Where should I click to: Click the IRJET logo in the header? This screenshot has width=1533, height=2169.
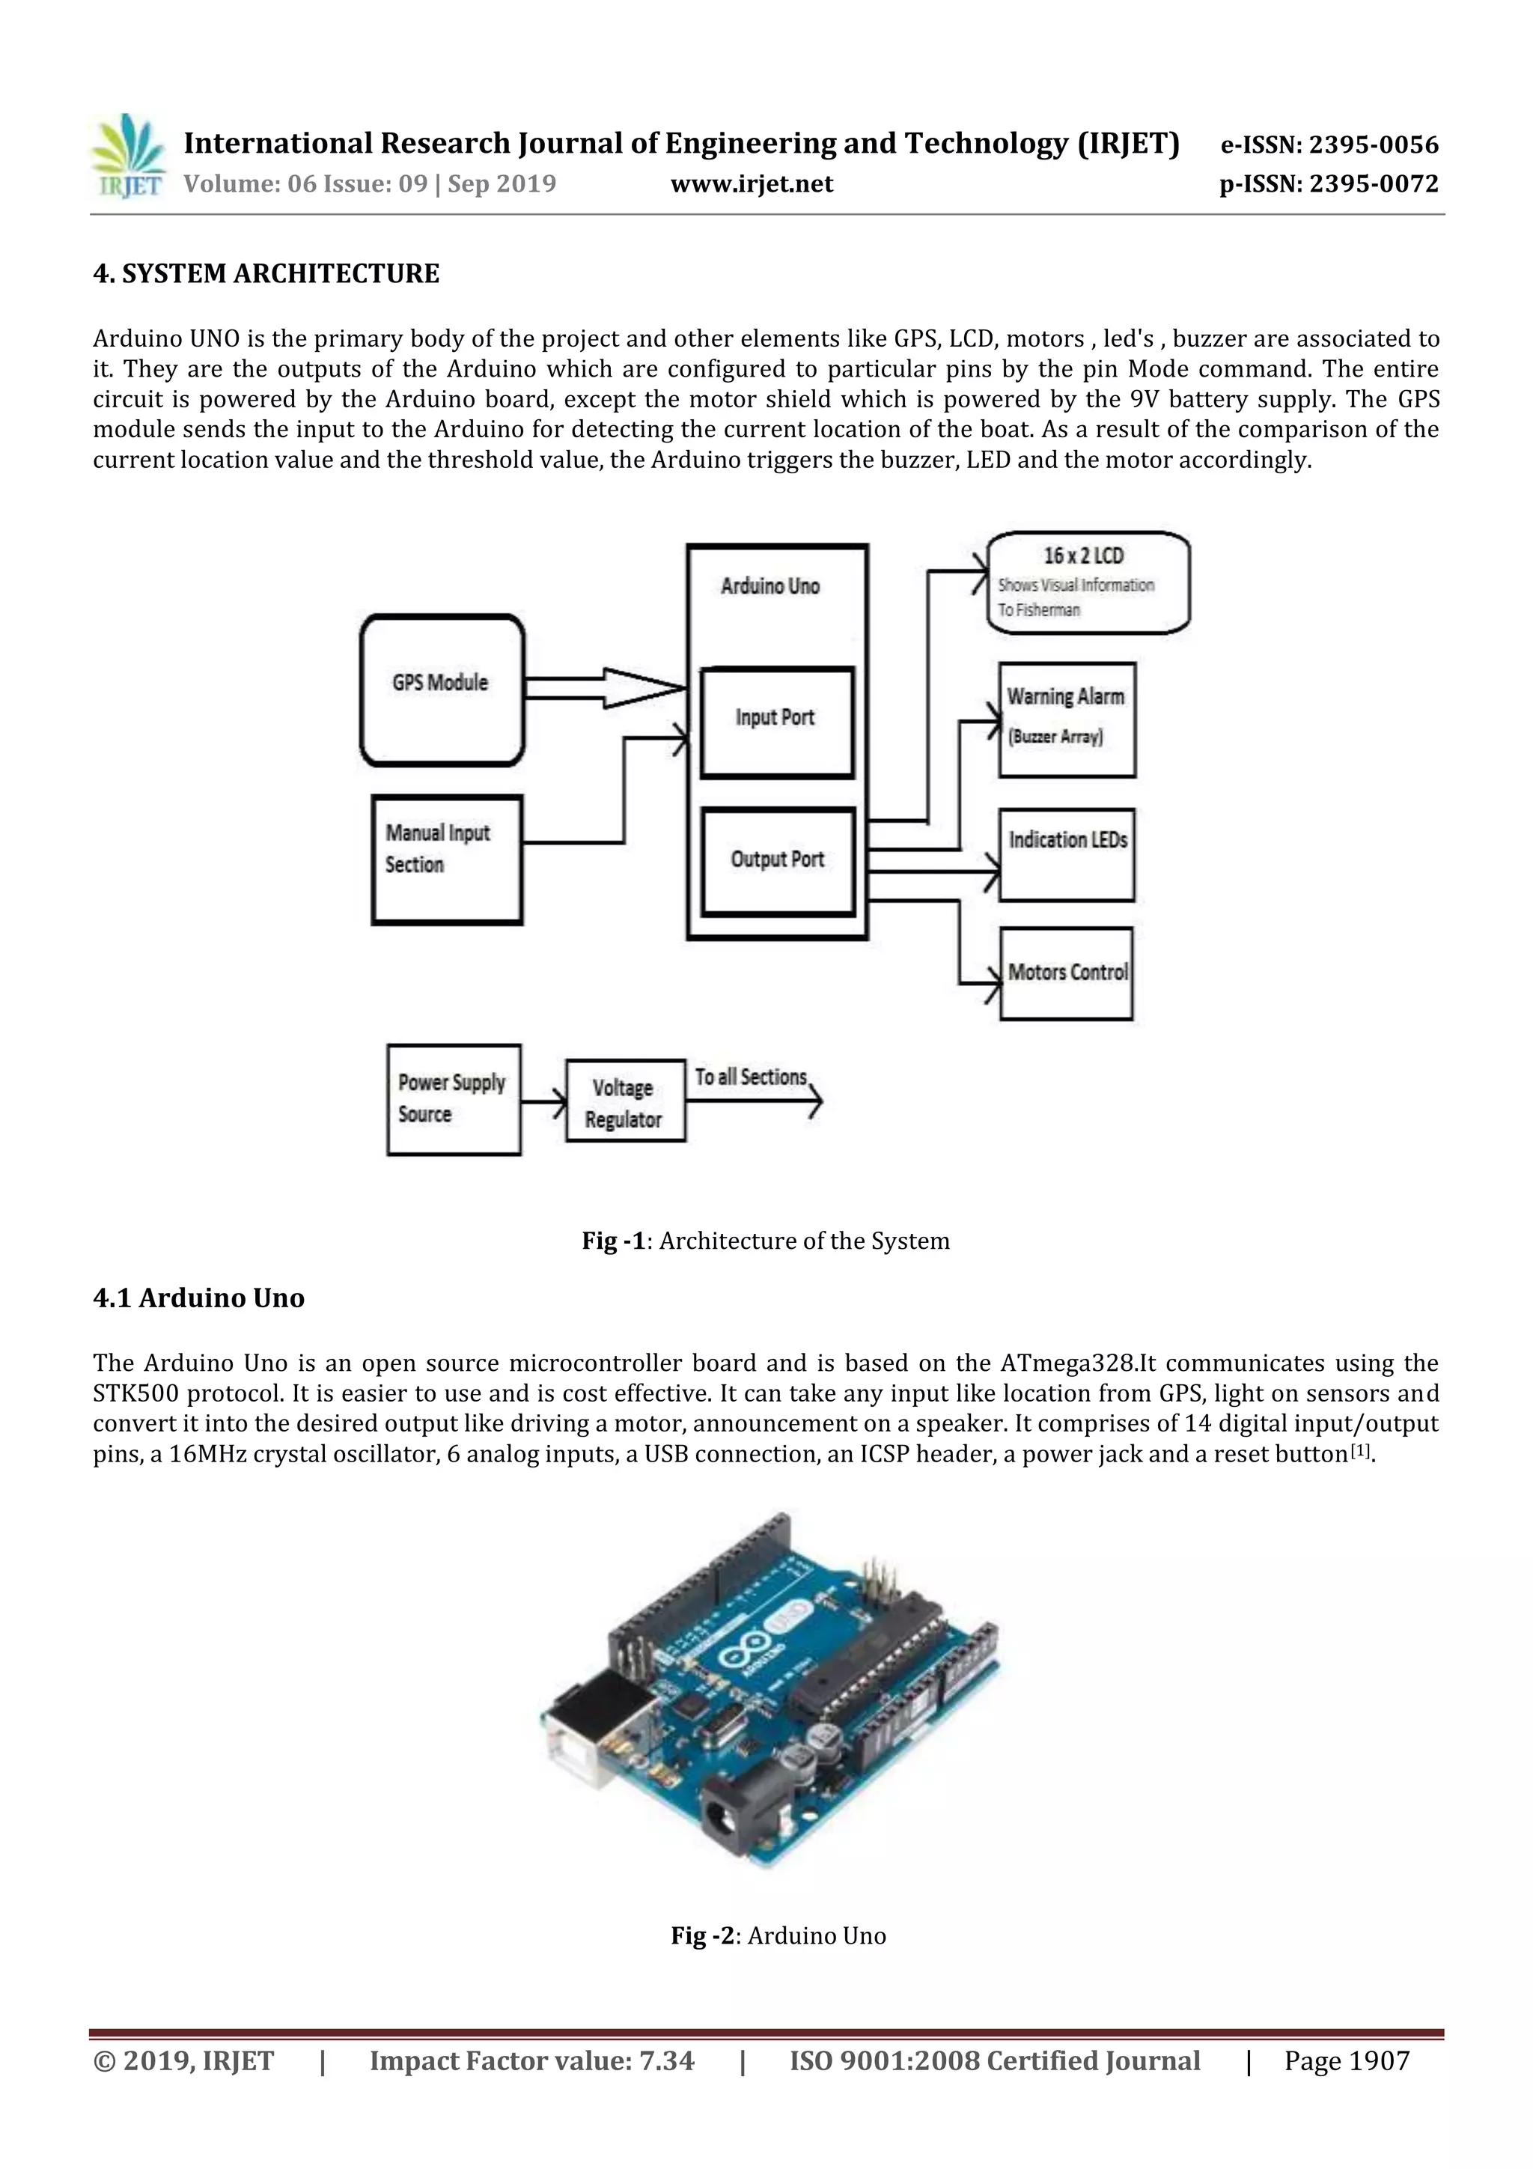[127, 156]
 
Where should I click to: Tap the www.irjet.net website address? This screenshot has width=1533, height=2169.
[752, 184]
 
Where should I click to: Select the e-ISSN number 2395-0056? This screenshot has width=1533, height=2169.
[1329, 145]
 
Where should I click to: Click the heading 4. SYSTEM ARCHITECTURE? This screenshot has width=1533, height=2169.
[266, 274]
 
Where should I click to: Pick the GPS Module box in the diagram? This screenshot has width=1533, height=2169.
[441, 690]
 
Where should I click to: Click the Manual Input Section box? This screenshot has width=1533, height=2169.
[446, 859]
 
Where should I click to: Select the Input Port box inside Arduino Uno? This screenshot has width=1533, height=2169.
[776, 723]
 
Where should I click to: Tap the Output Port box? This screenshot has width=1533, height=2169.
[778, 860]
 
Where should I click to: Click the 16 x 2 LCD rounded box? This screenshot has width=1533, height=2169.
[1087, 582]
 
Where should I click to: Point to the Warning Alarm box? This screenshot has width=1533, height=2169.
[1067, 720]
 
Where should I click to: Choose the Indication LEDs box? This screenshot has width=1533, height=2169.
[1067, 854]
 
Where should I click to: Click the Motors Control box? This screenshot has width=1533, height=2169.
[1067, 973]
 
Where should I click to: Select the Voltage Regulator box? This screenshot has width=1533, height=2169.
[624, 1101]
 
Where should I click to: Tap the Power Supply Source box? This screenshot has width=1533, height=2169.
[454, 1100]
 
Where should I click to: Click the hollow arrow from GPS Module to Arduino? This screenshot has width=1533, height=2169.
[605, 688]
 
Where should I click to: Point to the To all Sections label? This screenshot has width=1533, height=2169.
[751, 1077]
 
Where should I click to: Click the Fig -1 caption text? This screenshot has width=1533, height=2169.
[765, 1241]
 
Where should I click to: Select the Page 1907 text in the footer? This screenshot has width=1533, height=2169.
[1346, 2060]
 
